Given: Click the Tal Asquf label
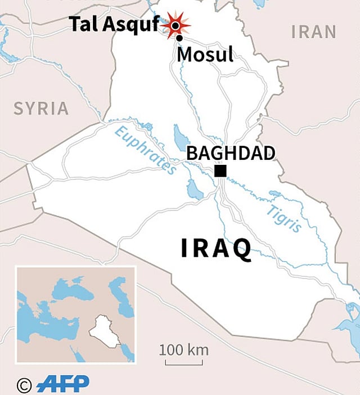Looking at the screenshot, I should (114, 24).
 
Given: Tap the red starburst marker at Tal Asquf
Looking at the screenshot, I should (175, 25).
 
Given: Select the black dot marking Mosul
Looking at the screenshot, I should (179, 38).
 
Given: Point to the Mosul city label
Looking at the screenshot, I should (205, 55).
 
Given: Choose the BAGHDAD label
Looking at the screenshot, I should (231, 153).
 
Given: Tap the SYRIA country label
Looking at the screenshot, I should (41, 108).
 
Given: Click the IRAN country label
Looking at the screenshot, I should (313, 32).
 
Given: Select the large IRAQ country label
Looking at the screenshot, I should (217, 248).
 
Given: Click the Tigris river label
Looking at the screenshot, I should (284, 218).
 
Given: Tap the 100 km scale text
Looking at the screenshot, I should (183, 349).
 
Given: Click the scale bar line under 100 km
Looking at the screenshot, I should (183, 362).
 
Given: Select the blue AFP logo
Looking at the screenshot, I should (62, 384).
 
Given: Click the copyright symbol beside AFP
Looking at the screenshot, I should (24, 385).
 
